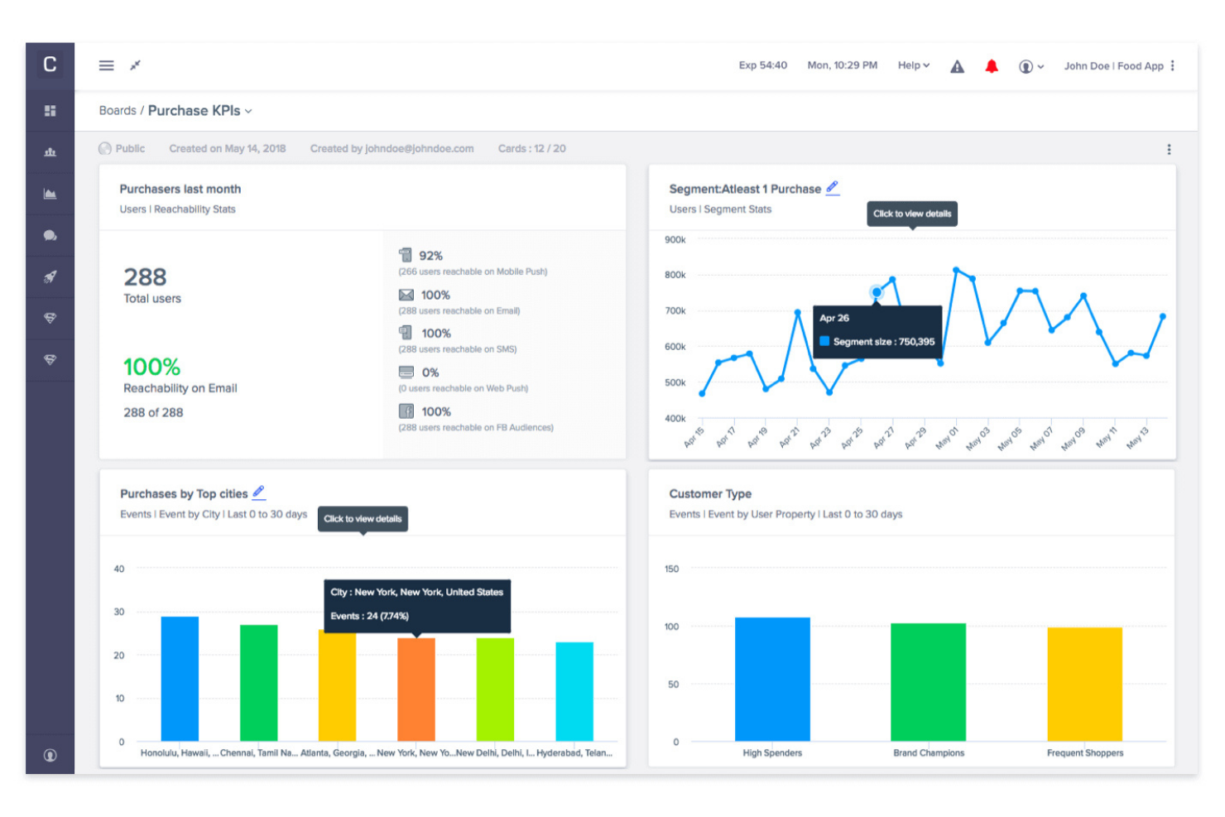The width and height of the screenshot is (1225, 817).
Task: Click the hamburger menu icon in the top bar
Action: point(106,65)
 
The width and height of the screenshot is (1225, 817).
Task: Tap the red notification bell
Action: point(991,66)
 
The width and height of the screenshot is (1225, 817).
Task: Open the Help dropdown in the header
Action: point(913,65)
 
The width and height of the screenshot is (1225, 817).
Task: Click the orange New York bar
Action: point(416,689)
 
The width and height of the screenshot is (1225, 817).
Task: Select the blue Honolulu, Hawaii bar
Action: point(180,678)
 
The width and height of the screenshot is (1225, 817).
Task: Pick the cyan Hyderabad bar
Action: point(574,691)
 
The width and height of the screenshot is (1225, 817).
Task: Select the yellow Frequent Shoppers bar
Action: point(1084,684)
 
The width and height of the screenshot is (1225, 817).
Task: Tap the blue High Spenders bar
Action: point(772,679)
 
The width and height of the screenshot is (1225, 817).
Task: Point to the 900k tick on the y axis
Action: point(675,240)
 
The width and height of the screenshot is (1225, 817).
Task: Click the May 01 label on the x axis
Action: point(947,437)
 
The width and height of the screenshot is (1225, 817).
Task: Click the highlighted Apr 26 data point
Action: point(877,292)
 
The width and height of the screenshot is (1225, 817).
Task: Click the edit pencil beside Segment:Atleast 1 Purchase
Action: point(833,188)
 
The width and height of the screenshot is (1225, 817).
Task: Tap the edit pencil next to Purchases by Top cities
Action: point(259,493)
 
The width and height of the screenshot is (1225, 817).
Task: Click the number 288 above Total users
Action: point(145,277)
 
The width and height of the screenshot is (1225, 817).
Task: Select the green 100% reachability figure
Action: point(151,367)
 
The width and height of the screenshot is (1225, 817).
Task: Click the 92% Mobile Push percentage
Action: point(430,256)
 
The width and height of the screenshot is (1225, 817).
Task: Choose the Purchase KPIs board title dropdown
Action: point(199,111)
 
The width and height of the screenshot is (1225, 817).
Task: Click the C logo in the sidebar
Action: point(50,65)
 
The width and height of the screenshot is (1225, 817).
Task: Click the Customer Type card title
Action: point(710,494)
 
